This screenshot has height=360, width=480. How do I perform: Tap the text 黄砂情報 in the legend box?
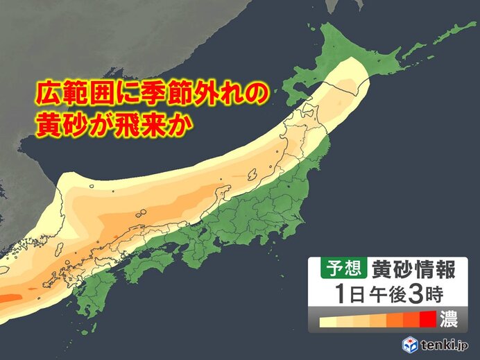pos(400,266)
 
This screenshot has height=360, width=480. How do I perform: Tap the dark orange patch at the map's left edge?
pos(8,299)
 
